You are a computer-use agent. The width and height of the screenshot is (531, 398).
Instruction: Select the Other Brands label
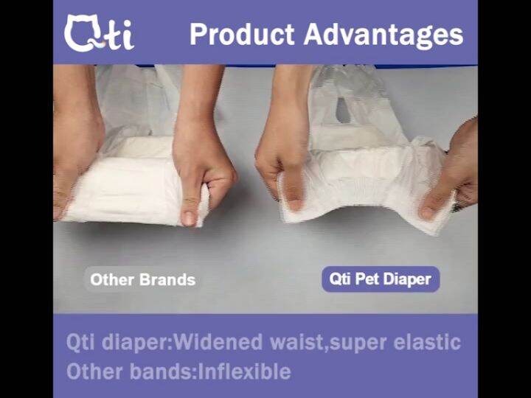pos(142,279)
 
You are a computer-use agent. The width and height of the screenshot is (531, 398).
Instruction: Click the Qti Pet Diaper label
pos(380,279)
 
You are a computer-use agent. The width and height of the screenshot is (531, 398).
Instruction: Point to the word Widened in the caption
pos(221,342)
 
